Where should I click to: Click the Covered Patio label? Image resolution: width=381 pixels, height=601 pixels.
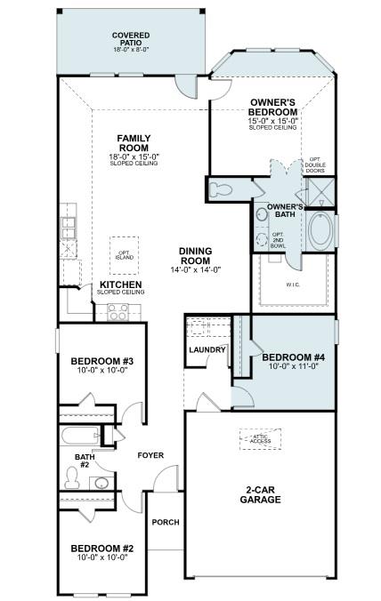point(131,39)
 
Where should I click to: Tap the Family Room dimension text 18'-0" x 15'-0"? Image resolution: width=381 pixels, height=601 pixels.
point(134,156)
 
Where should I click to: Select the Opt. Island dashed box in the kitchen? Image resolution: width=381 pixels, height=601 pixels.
point(125,255)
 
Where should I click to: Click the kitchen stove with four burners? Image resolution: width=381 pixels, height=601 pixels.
point(118,312)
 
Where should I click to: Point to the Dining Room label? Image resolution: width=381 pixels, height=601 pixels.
point(195,256)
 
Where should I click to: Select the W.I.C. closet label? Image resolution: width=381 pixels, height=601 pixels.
point(293,284)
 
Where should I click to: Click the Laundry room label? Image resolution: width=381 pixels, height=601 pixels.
point(207,350)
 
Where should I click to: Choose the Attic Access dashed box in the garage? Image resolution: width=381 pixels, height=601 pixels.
point(261,439)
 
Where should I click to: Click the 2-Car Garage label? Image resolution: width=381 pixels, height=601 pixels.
point(260,494)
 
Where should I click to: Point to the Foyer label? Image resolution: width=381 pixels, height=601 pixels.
point(150,455)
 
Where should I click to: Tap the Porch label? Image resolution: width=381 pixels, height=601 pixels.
point(166,522)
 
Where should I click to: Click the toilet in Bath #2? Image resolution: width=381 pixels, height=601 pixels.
point(71,477)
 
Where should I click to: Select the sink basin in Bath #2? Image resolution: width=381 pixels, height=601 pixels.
point(101,483)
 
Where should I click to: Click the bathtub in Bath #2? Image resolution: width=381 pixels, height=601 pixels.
point(80,436)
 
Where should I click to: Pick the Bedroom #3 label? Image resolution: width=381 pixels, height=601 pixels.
point(101,361)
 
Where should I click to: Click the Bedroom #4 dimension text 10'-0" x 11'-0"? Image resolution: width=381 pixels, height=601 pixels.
point(294,366)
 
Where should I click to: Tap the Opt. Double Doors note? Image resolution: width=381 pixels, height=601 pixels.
point(315,164)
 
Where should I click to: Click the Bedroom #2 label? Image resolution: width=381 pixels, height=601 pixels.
point(102,549)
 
